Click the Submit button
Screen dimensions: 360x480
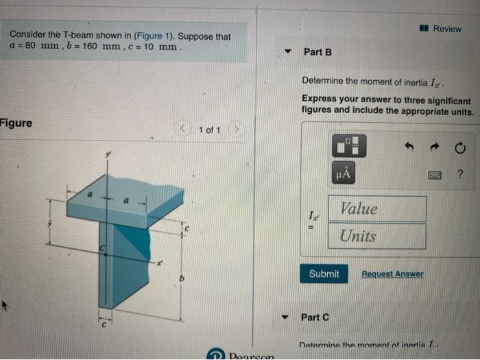coord(324,274)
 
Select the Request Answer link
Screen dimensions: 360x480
coord(392,274)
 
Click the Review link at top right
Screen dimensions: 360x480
coord(443,29)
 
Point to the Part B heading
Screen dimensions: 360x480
coord(317,52)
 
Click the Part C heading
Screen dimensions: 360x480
coord(316,317)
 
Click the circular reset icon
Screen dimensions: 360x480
coord(459,147)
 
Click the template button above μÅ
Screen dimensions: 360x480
coord(350,145)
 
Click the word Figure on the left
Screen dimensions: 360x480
coord(16,123)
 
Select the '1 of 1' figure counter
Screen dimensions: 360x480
coord(209,130)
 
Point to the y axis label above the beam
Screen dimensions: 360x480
coord(107,156)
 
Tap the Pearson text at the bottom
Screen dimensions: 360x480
coord(251,356)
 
